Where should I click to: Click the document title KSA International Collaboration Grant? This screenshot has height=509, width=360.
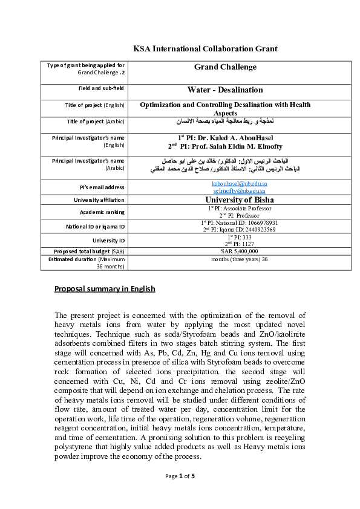tap(205, 48)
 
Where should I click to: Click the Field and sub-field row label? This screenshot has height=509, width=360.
tap(99, 89)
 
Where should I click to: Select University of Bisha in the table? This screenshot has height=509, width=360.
tap(240, 199)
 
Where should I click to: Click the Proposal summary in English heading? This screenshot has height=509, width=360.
tap(105, 289)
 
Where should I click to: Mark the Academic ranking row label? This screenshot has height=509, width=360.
tap(102, 212)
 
